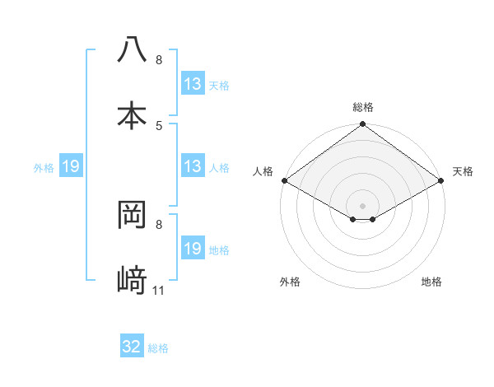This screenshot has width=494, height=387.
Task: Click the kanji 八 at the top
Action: [x=132, y=49]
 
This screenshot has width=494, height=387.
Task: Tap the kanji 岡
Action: [x=132, y=214]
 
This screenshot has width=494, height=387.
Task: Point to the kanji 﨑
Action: [x=132, y=281]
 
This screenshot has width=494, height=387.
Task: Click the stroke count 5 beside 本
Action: [x=159, y=126]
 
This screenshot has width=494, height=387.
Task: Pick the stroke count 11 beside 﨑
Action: [x=159, y=291]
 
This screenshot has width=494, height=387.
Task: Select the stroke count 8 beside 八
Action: [x=159, y=60]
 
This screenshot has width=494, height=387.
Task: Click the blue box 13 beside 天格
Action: [x=193, y=84]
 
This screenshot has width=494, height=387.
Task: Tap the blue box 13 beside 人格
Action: [x=193, y=166]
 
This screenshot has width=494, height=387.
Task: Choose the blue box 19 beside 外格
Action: [x=71, y=166]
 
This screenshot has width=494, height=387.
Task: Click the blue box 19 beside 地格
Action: [x=193, y=249]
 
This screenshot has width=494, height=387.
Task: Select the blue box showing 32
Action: [x=132, y=347]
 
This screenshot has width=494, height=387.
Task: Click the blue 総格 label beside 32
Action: [x=158, y=348]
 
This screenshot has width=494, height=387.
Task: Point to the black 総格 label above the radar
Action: [x=363, y=107]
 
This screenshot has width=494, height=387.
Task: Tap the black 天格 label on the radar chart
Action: [x=463, y=171]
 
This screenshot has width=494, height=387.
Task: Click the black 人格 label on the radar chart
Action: [x=263, y=171]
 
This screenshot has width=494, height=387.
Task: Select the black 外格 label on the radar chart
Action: [x=290, y=282]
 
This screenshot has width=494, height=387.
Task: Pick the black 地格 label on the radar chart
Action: [x=431, y=282]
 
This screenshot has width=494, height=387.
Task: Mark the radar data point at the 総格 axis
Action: [x=363, y=125]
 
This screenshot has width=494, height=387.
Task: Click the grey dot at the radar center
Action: [x=363, y=205]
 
